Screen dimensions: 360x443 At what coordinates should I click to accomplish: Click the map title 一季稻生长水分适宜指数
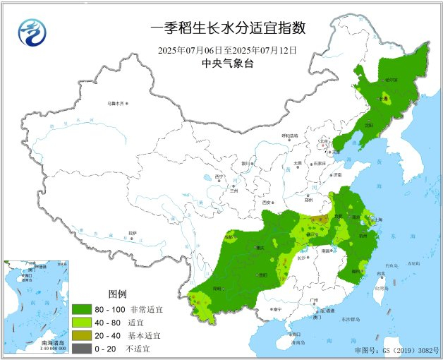pos(228,28)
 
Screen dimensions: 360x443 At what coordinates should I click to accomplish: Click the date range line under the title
pos(227,50)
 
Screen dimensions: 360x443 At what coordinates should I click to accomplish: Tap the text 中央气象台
pos(227,64)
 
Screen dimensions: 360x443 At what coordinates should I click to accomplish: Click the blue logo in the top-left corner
pos(30,31)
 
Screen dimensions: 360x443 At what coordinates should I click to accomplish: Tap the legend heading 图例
pos(116,294)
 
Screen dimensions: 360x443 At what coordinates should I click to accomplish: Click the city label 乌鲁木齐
pos(115,104)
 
